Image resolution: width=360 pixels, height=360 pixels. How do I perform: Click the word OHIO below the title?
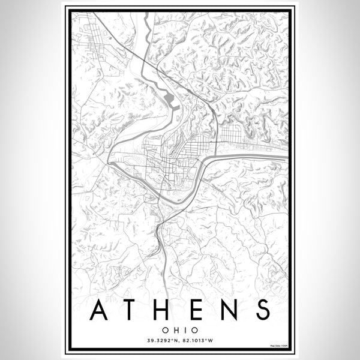(x=180, y=329)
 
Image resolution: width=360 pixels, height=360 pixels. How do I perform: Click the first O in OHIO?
(x=168, y=329)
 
